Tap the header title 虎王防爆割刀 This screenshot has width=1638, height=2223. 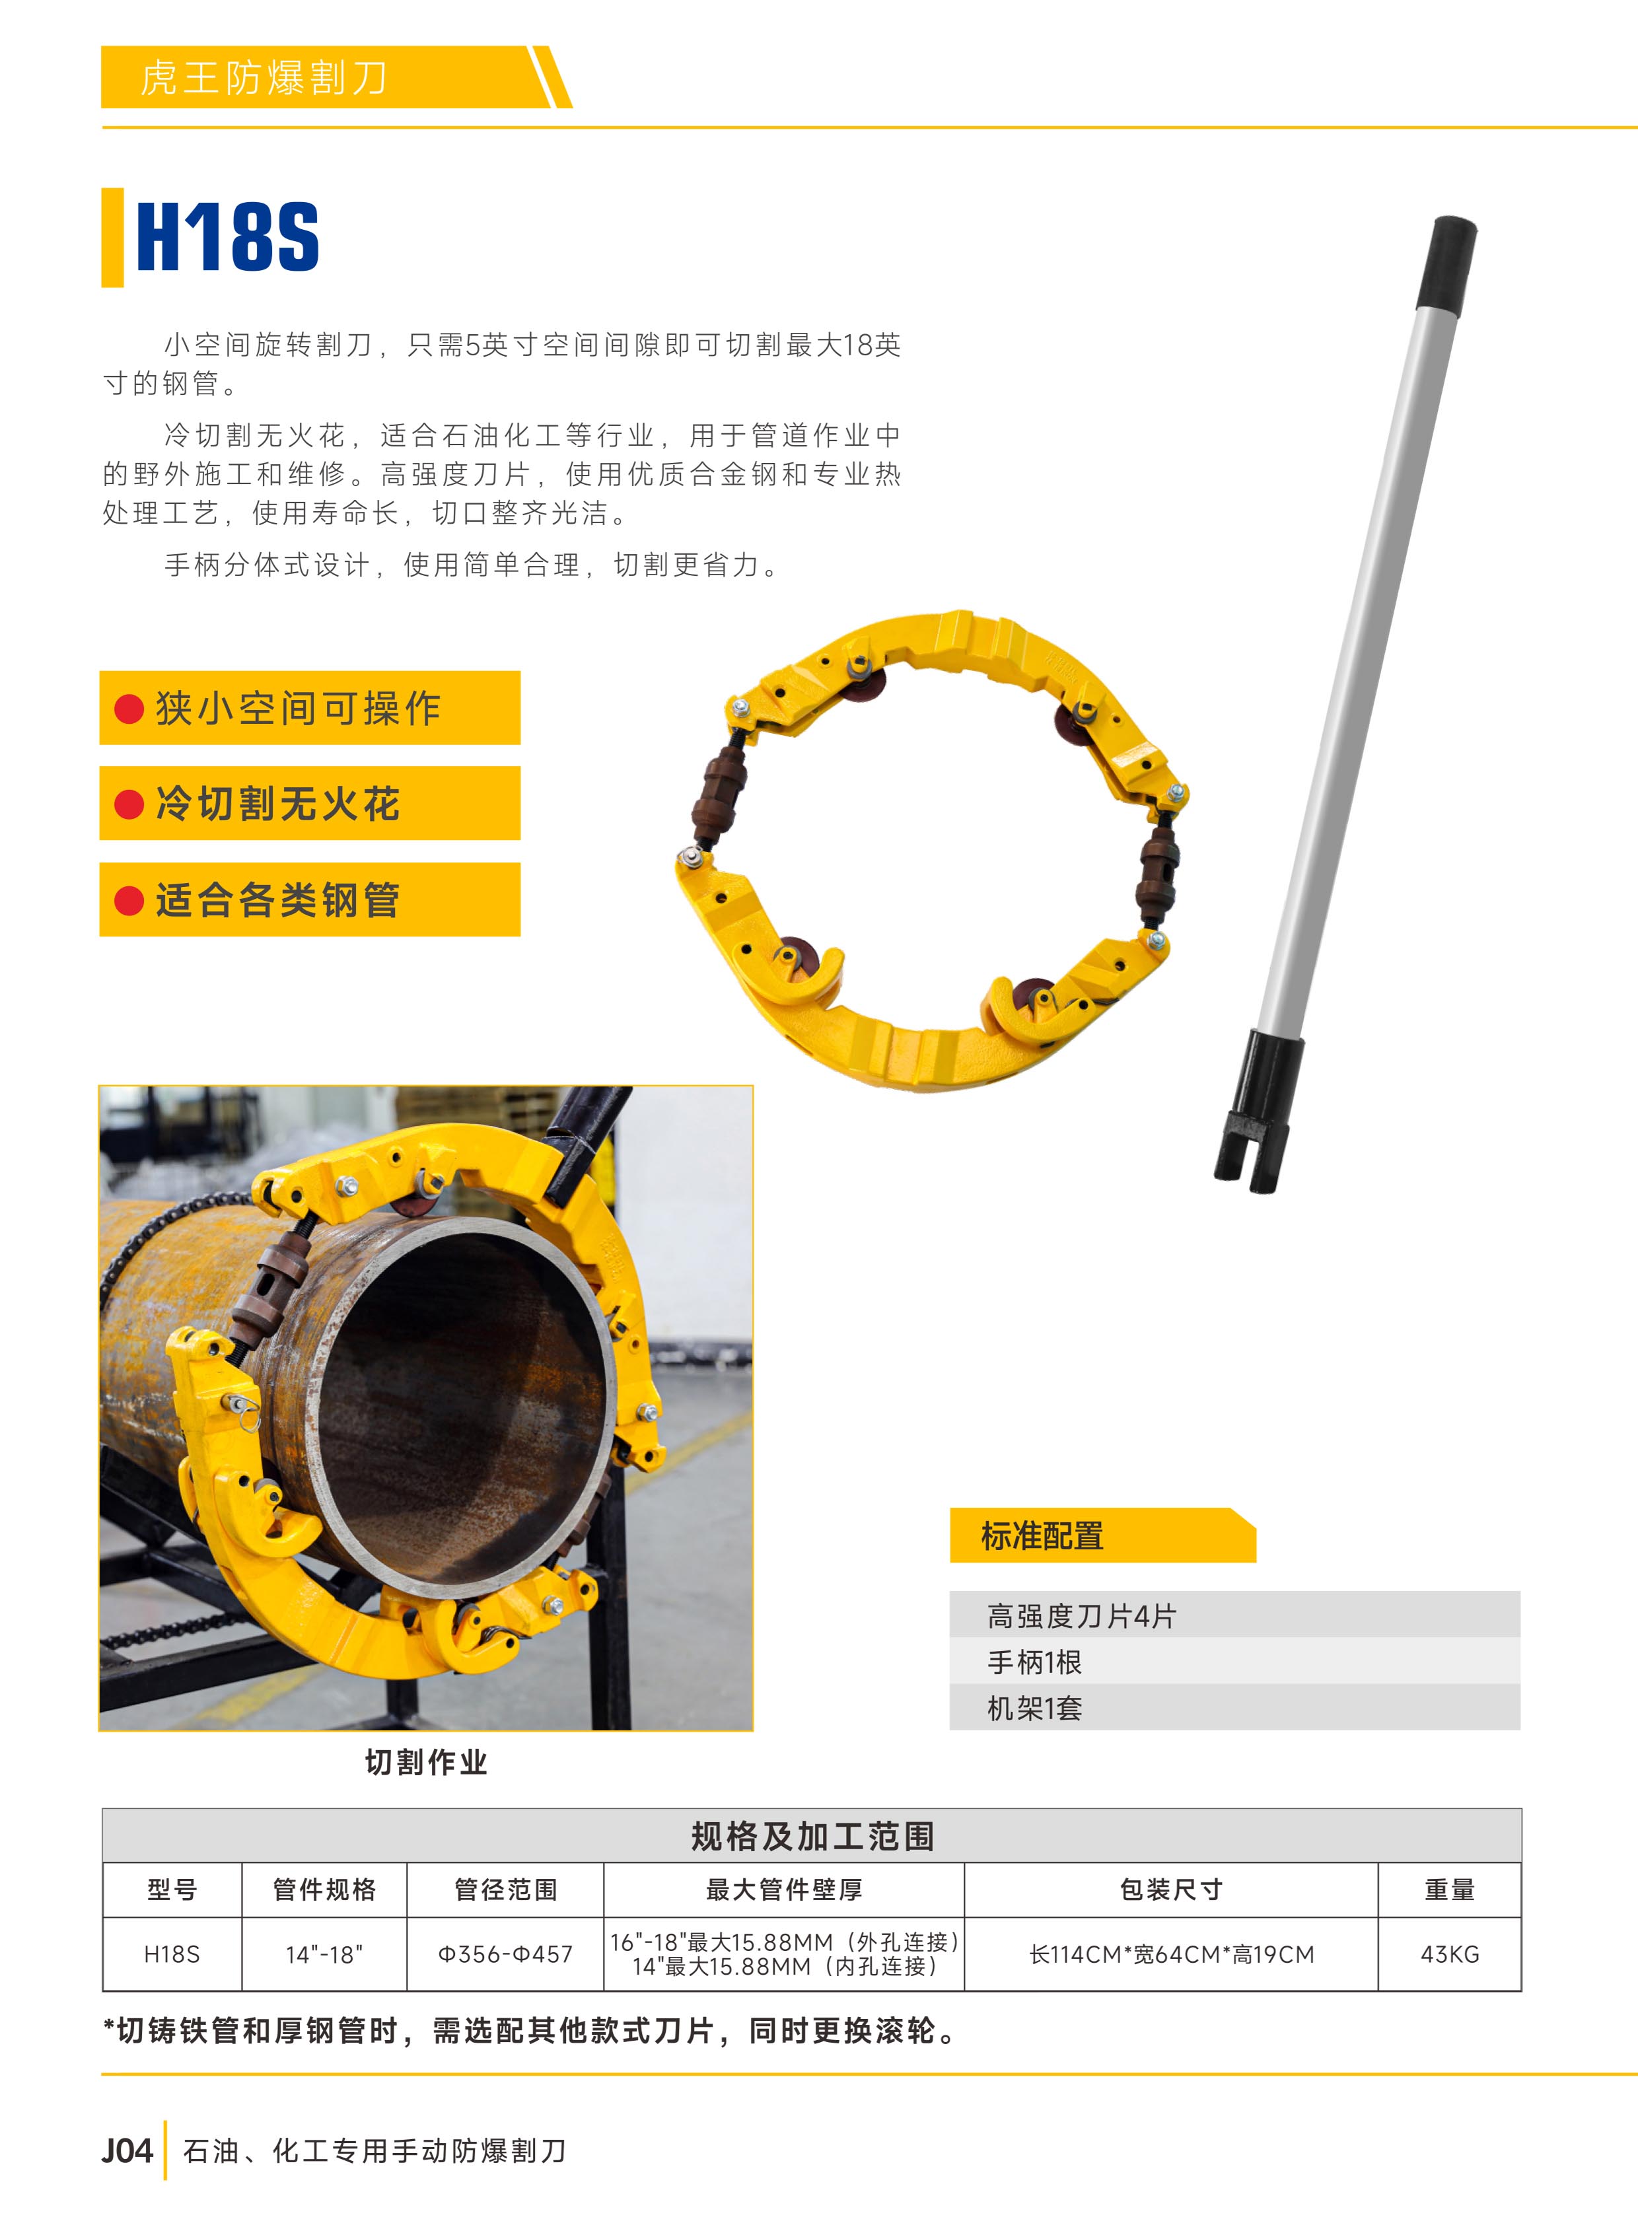[x=264, y=77]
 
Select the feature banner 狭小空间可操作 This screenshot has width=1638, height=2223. [x=309, y=708]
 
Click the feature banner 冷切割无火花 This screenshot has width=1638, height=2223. [x=309, y=803]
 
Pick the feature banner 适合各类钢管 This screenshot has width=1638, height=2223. [x=309, y=900]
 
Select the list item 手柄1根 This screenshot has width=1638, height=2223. [x=1034, y=1662]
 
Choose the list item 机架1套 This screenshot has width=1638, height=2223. [x=1034, y=1707]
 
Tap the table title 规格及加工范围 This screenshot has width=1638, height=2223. [x=812, y=1836]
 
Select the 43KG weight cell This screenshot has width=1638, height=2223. [x=1450, y=1954]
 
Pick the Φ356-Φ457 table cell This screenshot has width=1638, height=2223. [x=506, y=1954]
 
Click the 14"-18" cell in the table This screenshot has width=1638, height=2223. [x=324, y=1954]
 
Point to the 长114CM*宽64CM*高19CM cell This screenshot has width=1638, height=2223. [x=1171, y=1954]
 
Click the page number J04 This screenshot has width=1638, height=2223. [x=127, y=2150]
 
